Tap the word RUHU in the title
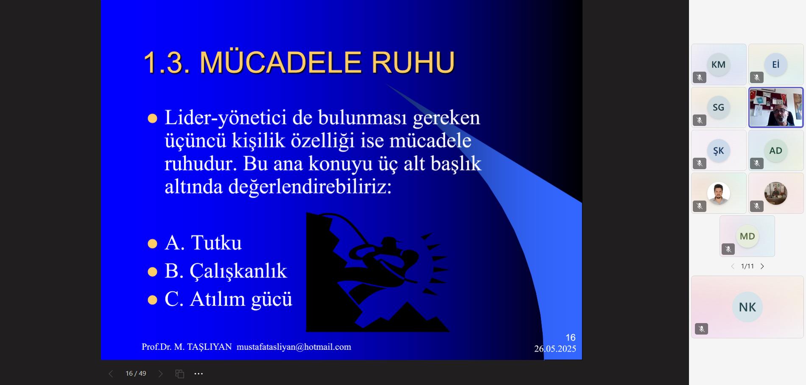point(413,62)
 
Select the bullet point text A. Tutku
point(203,243)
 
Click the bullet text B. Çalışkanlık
point(226,271)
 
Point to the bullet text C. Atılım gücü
point(229,299)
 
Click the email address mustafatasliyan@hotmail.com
point(294,347)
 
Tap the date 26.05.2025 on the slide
point(555,349)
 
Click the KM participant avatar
point(718,64)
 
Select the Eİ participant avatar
point(775,64)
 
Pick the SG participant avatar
point(718,107)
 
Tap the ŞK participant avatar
point(718,151)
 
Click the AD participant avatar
point(775,151)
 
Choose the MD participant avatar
point(747,236)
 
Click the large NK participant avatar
point(747,307)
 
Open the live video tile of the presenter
point(776,107)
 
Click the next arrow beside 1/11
point(762,266)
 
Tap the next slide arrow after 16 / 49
point(160,374)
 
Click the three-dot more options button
point(198,374)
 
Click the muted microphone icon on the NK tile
point(701,329)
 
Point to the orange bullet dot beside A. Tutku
point(152,244)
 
